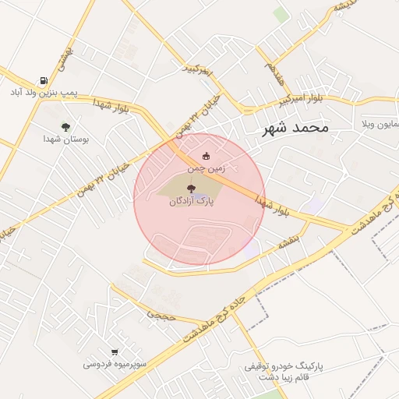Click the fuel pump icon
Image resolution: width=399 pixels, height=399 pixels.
click(44, 80)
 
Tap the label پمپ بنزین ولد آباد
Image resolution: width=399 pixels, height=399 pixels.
click(44, 93)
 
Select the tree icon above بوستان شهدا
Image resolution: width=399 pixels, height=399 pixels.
click(65, 126)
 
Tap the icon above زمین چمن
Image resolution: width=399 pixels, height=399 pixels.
click(206, 156)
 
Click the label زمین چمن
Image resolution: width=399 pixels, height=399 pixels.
click(206, 168)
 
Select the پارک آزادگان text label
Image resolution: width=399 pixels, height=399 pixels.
click(192, 201)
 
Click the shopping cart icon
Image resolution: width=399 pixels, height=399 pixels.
click(115, 352)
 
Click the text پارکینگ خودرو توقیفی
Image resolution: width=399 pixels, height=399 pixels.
click(284, 365)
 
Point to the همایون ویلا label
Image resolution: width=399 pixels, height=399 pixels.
click(380, 124)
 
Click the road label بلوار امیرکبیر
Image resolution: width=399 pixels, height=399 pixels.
click(300, 101)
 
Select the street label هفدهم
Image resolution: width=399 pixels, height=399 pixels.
click(274, 72)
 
